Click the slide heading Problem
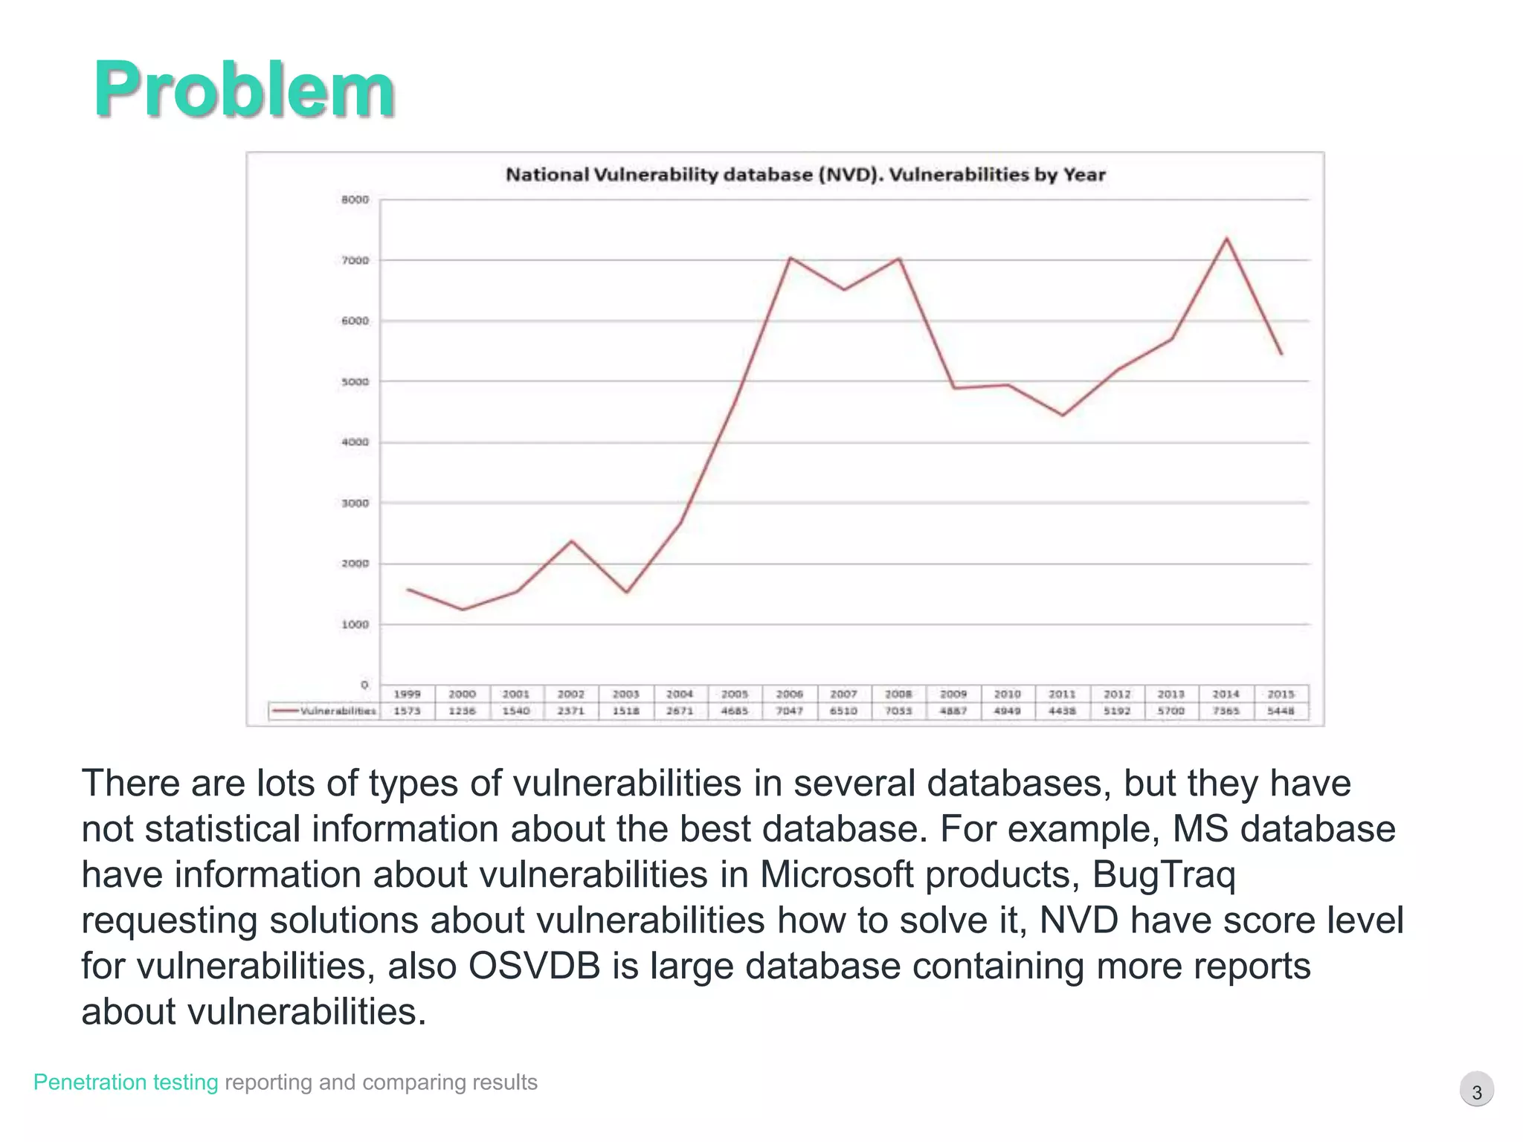(x=244, y=91)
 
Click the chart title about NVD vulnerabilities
(x=805, y=175)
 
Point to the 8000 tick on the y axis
(x=355, y=200)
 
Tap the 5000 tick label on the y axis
(x=355, y=382)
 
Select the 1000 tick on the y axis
(x=355, y=625)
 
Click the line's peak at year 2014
(x=1226, y=239)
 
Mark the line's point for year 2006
(x=790, y=258)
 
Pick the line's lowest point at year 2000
(x=463, y=610)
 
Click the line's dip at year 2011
(x=1063, y=415)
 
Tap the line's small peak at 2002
(x=571, y=541)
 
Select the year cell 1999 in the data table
(x=408, y=694)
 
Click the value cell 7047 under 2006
(x=790, y=711)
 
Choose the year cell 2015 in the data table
(x=1281, y=694)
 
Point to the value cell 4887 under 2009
(x=953, y=711)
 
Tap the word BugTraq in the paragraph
(x=1163, y=874)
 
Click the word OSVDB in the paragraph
(x=533, y=966)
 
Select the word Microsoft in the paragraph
(x=836, y=874)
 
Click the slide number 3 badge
(x=1477, y=1091)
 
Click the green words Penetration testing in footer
(x=126, y=1083)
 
